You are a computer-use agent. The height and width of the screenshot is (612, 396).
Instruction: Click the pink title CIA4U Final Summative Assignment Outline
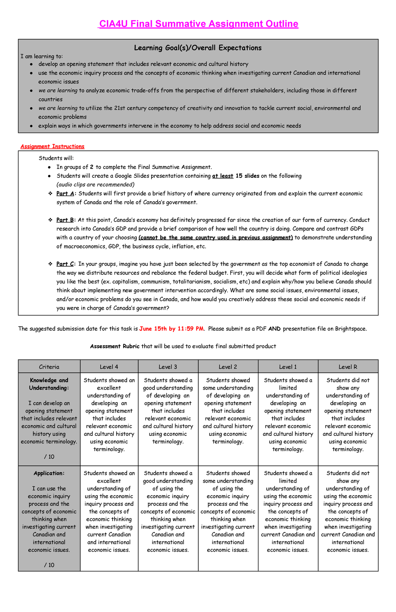pos(198,24)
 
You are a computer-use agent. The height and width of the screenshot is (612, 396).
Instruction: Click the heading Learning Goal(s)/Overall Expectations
pos(198,48)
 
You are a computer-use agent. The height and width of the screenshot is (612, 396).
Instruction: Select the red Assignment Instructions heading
pos(52,146)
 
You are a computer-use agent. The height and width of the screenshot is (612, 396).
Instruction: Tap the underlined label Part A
pos(65,194)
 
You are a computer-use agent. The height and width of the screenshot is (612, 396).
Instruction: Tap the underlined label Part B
pos(65,220)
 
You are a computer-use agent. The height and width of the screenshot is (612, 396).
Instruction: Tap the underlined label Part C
pos(65,264)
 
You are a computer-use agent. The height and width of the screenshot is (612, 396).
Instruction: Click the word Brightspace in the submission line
pos(350,329)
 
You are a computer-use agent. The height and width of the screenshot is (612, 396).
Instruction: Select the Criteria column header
pos(49,367)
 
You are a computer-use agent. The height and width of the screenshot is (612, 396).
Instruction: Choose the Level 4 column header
pos(109,367)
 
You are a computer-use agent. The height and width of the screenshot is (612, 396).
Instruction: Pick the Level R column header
pos(348,367)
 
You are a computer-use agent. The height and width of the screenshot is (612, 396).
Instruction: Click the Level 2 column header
pos(228,367)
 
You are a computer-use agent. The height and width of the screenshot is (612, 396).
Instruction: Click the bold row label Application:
pos(49,473)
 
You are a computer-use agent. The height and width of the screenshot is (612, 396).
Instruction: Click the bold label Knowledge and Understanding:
pos(49,384)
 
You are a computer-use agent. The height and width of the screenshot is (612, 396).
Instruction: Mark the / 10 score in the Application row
pos(49,565)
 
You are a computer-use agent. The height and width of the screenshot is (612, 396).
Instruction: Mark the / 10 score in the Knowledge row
pos(49,457)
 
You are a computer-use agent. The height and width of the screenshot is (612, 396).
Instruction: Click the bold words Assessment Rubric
pos(115,346)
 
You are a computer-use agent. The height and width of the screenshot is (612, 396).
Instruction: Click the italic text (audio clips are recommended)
pos(95,184)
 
